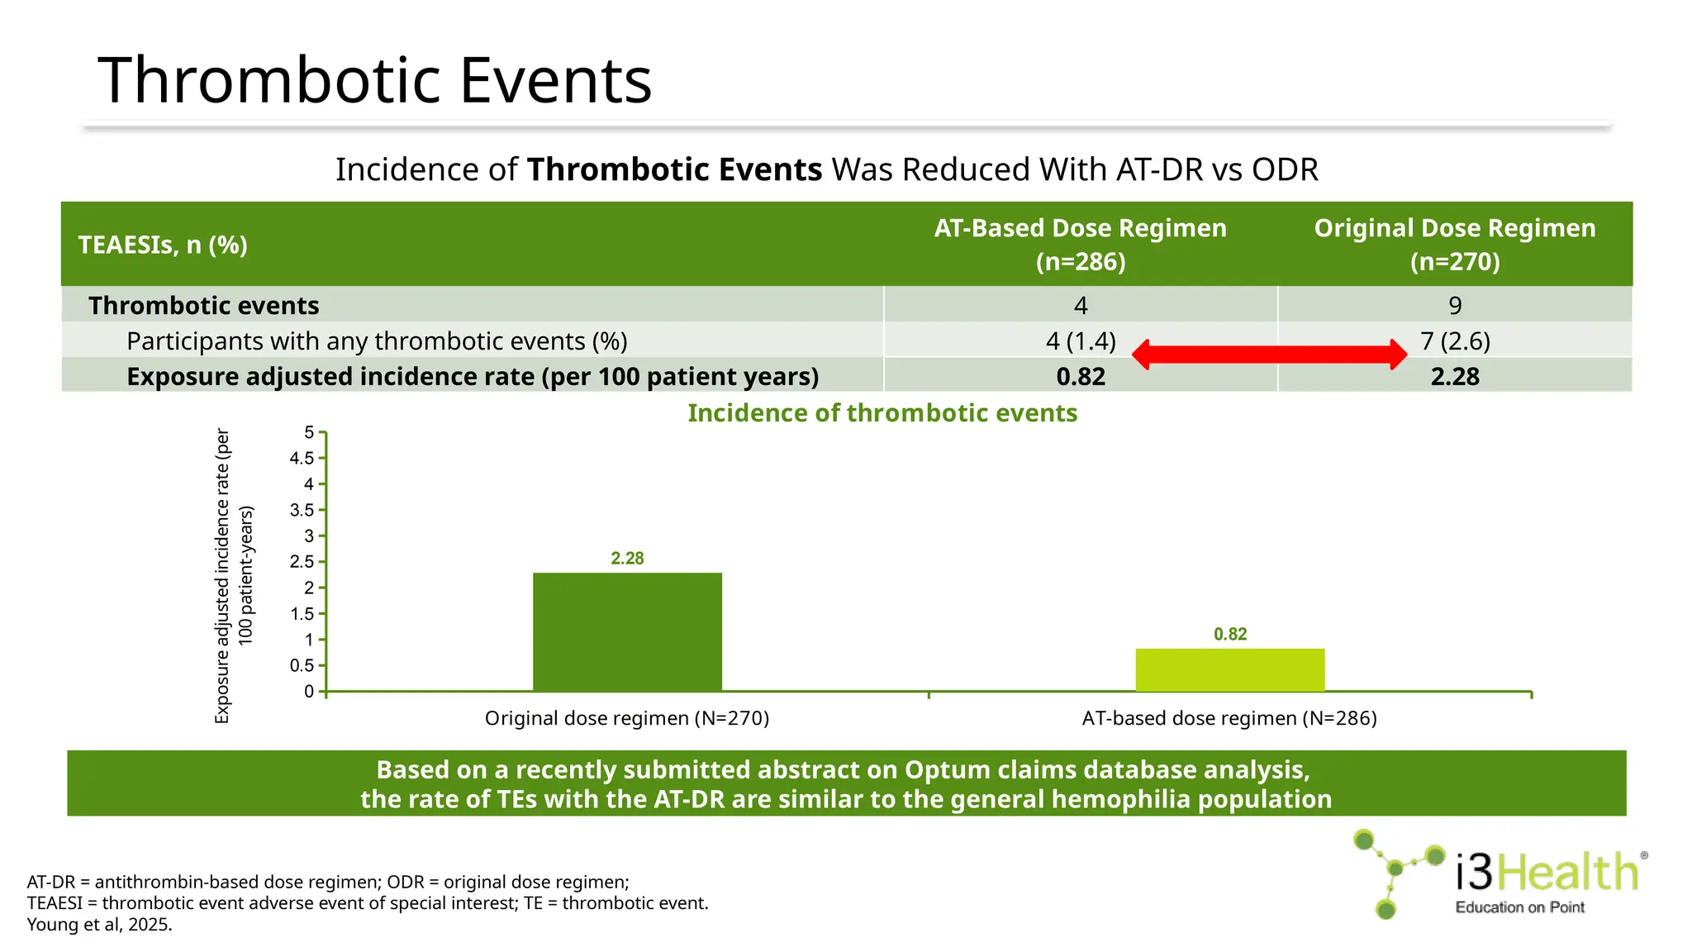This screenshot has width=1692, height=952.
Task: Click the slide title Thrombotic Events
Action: click(x=374, y=80)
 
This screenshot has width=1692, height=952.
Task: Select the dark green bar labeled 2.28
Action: click(x=627, y=632)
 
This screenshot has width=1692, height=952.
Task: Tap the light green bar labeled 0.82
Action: click(x=1229, y=670)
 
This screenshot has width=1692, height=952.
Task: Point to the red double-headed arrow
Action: click(x=1269, y=355)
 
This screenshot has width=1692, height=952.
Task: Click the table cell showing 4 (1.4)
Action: click(x=1080, y=341)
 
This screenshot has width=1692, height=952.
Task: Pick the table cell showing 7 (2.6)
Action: click(x=1455, y=341)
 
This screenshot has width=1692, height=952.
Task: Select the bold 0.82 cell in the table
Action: click(x=1080, y=377)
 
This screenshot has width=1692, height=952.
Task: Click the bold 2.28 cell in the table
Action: click(x=1455, y=377)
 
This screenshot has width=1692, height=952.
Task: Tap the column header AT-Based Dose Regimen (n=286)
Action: click(x=1080, y=245)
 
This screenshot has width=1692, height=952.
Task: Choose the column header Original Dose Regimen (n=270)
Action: click(x=1455, y=245)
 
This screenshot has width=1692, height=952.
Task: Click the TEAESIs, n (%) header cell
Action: click(x=163, y=245)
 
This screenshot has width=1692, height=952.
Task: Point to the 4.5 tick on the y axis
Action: click(x=302, y=459)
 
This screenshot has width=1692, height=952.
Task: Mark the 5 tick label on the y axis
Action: click(x=309, y=433)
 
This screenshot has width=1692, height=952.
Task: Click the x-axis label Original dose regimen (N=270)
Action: click(x=626, y=718)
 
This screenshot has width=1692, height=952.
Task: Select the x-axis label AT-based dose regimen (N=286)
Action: click(x=1229, y=718)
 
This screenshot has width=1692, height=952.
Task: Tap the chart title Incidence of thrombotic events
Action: click(x=882, y=413)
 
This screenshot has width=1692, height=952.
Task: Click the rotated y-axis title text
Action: click(x=233, y=576)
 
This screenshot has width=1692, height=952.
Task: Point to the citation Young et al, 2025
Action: click(x=99, y=925)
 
